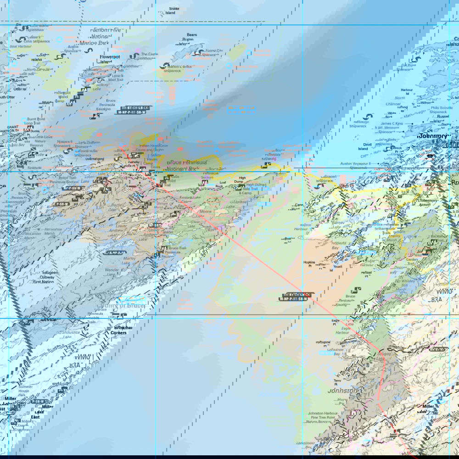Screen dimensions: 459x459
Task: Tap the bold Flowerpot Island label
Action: pos(106,58)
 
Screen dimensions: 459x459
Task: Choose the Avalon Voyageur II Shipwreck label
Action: pos(361,166)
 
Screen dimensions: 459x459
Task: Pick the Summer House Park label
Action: pos(26,391)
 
